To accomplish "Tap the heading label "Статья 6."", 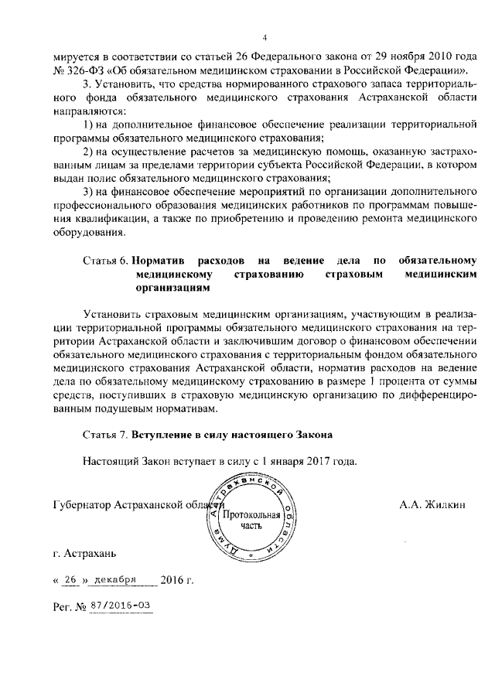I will click(105, 260).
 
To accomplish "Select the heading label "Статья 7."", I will click(105, 435).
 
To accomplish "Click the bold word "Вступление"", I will click(163, 435).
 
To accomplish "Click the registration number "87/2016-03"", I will click(120, 605).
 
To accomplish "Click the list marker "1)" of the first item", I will click(88, 125).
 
